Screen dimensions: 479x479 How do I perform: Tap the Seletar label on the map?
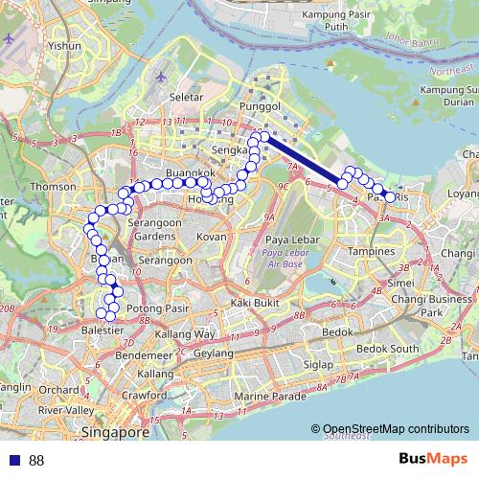(x=185, y=97)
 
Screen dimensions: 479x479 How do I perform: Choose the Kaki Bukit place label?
(x=253, y=303)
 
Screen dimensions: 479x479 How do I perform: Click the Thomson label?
(x=53, y=187)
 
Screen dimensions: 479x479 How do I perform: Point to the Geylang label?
(x=213, y=353)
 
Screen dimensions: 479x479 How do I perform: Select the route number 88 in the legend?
(x=36, y=461)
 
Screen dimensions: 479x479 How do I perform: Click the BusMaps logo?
(x=435, y=460)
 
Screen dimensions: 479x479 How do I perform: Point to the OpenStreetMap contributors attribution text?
(x=396, y=430)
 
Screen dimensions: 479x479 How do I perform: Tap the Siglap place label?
(x=317, y=365)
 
